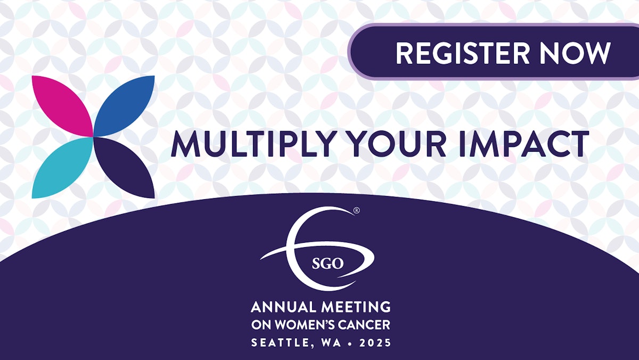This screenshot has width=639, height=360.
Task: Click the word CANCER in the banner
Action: click(367, 324)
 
